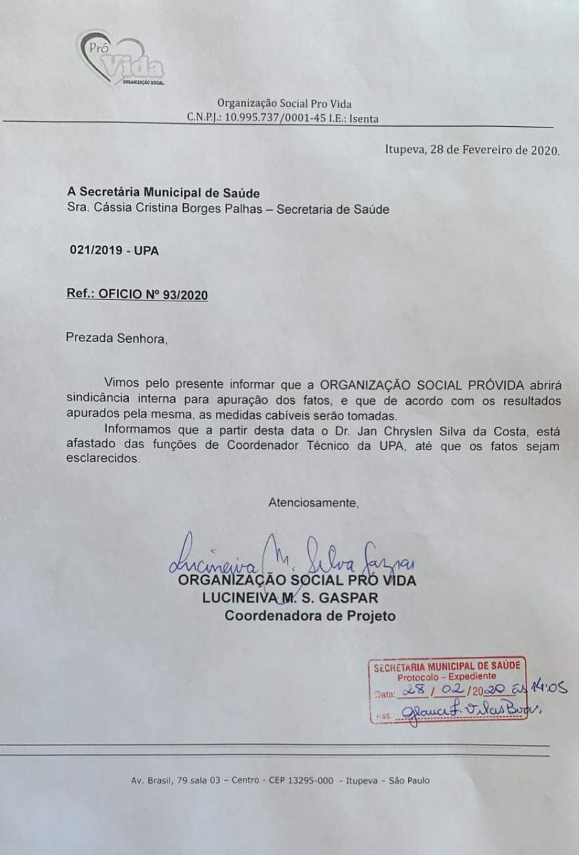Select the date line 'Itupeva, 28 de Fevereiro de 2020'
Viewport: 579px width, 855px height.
[x=472, y=150]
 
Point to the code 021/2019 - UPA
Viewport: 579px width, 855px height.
[x=114, y=251]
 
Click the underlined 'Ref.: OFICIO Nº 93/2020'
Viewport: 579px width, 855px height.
[x=137, y=295]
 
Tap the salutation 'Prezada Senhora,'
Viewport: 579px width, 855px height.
[x=118, y=338]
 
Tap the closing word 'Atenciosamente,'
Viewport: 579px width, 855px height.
[x=313, y=503]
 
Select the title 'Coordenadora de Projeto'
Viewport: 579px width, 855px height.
[x=310, y=616]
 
